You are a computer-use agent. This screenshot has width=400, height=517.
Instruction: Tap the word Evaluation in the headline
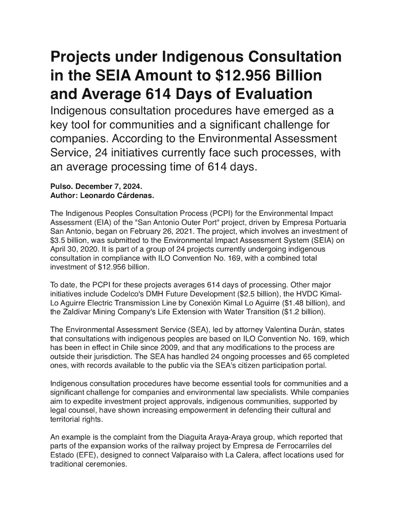[270, 93]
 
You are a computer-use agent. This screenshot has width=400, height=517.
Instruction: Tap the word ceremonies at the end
[109, 463]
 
